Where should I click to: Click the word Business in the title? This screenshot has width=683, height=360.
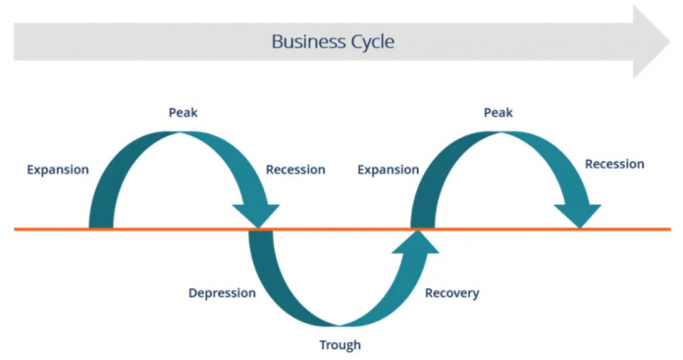click(x=302, y=42)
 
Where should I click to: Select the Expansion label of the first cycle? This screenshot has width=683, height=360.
click(x=58, y=170)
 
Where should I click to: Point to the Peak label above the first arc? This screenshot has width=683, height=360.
click(x=183, y=113)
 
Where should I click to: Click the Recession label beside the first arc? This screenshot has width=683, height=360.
click(x=295, y=170)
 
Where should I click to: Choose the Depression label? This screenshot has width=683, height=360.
click(x=222, y=292)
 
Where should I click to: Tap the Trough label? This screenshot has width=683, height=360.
click(x=340, y=344)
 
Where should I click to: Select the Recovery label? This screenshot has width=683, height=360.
click(x=452, y=292)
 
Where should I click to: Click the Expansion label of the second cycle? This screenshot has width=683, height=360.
click(x=389, y=170)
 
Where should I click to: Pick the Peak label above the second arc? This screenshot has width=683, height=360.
click(x=499, y=113)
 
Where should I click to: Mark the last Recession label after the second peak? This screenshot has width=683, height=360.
click(x=614, y=164)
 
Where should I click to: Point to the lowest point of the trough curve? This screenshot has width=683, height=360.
click(x=339, y=320)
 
